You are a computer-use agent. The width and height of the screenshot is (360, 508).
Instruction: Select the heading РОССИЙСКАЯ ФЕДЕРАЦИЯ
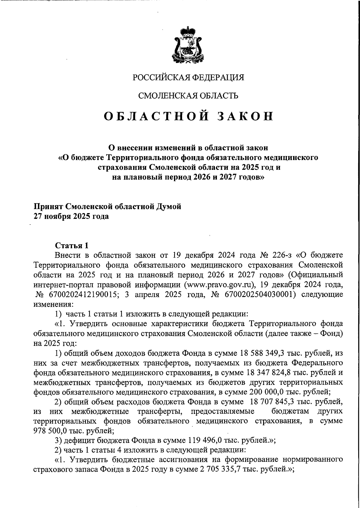tap(188, 77)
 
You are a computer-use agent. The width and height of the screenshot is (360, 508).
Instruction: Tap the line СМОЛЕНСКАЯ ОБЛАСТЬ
tap(188, 96)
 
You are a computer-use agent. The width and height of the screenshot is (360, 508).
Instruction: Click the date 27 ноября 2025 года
tap(71, 216)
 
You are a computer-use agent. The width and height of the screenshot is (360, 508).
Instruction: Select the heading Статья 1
tap(72, 245)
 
